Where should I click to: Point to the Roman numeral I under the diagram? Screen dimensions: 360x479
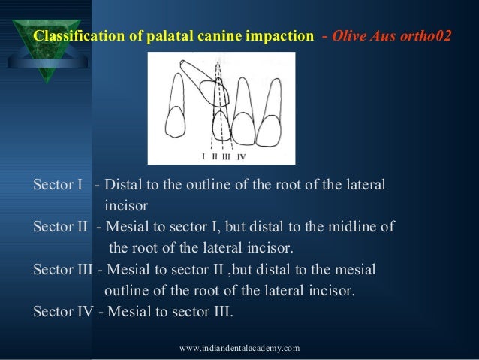[203, 156]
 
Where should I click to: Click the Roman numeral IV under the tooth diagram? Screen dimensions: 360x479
[240, 156]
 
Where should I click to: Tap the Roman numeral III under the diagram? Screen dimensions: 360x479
[226, 156]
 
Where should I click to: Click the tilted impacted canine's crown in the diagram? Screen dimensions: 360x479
[213, 95]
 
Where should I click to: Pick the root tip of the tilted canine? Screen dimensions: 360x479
[185, 65]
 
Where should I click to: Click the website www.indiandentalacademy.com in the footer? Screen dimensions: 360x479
[240, 348]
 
